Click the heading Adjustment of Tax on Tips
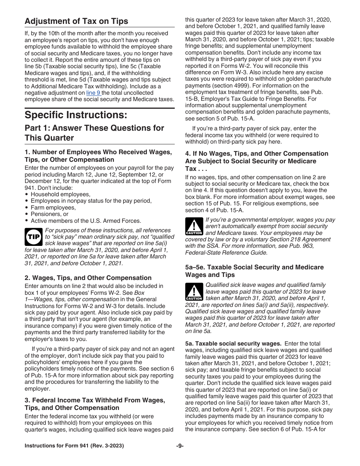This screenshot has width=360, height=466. [76, 21]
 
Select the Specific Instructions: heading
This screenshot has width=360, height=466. [76, 114]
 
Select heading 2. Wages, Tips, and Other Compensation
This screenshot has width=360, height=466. [88, 278]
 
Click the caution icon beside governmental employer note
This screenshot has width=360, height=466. [194, 227]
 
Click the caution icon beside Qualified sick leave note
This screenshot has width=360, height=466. [194, 292]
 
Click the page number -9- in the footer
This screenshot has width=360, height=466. [180, 446]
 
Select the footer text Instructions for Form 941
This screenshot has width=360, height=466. [74, 446]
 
